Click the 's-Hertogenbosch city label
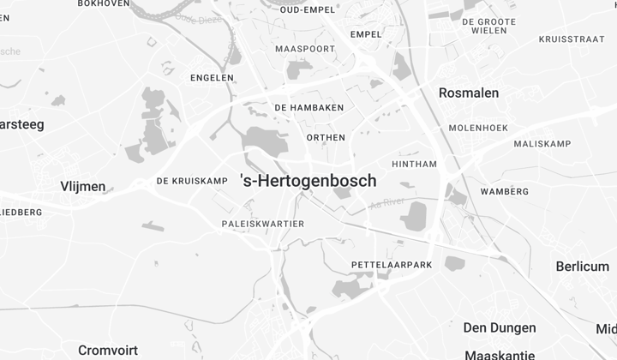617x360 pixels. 308,181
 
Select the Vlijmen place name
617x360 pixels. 83,186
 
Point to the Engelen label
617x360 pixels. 212,77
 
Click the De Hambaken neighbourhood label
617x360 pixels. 308,107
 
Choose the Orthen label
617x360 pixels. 326,137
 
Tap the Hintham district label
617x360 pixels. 414,164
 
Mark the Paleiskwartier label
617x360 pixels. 262,224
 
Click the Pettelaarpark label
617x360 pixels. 392,266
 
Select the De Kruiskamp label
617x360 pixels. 192,181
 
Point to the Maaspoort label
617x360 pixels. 305,49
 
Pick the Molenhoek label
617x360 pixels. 478,128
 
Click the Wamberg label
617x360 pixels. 505,191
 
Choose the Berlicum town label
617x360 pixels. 582,267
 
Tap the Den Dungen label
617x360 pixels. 500,327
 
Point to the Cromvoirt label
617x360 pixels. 107,350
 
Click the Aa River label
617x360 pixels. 385,203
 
